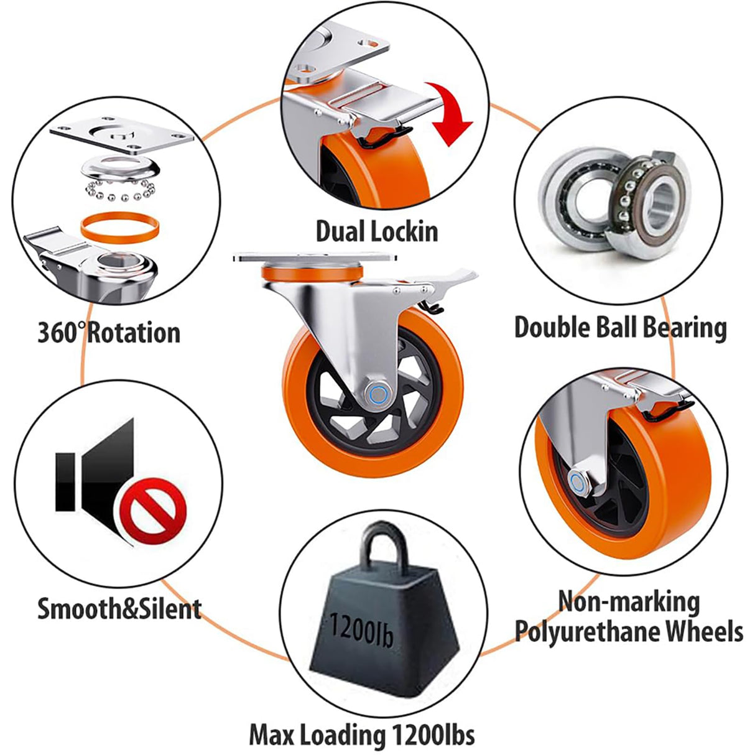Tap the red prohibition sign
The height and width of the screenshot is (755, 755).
pyautogui.click(x=153, y=511)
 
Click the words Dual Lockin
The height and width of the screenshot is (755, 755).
pyautogui.click(x=377, y=231)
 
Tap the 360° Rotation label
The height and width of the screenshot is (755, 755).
pyautogui.click(x=109, y=333)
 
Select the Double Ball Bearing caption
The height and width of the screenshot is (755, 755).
pyautogui.click(x=620, y=328)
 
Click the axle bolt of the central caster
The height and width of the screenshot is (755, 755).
pyautogui.click(x=378, y=395)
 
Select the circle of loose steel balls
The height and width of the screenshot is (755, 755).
pyautogui.click(x=121, y=190)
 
